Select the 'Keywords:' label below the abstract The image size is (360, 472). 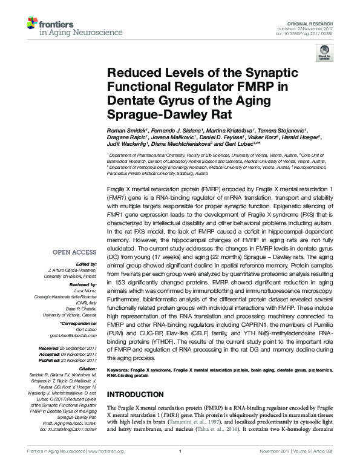pos(120,368)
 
